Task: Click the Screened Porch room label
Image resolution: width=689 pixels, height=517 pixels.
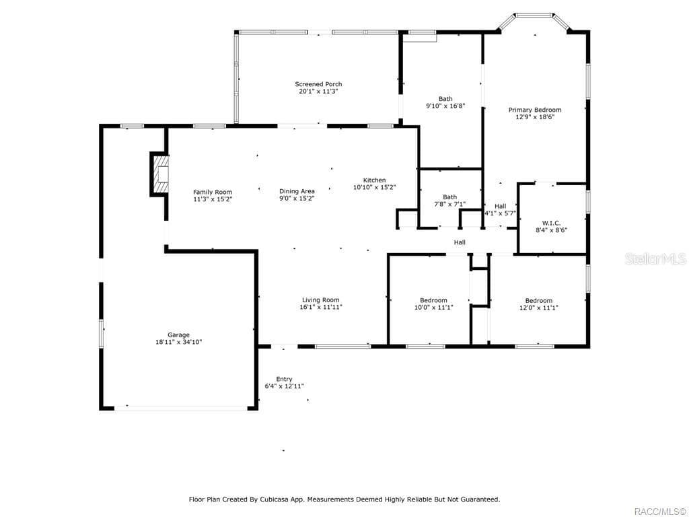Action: (318, 84)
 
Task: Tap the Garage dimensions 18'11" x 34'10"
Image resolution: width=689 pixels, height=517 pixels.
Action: (178, 343)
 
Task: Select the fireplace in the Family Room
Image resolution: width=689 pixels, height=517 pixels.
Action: (159, 174)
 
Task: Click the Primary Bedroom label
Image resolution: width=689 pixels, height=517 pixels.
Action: (534, 110)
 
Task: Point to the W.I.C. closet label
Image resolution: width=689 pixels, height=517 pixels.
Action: (551, 223)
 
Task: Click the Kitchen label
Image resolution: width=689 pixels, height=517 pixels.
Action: (374, 180)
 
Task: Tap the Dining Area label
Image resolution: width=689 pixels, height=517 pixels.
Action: (297, 191)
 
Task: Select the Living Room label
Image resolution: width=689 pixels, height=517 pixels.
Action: (320, 300)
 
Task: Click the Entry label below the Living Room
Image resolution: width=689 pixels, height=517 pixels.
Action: (284, 379)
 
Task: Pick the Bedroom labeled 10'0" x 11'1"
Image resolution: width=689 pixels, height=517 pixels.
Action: (433, 300)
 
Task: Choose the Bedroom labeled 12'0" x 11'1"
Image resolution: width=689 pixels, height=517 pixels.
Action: (538, 301)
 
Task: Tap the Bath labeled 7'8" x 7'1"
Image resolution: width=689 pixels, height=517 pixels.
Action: (449, 197)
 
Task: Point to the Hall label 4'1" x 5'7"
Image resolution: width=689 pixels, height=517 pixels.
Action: (500, 206)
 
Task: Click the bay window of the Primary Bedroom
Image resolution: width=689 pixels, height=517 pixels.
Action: (535, 15)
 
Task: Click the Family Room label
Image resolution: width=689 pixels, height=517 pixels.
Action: (213, 192)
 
